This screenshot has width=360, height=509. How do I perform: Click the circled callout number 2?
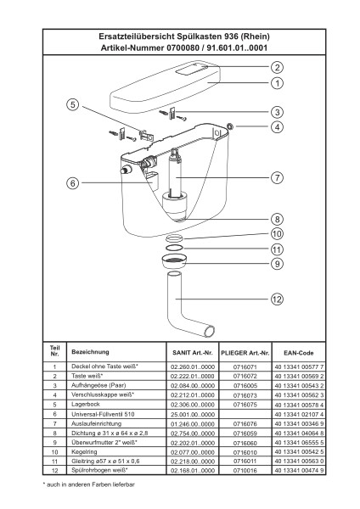tap(277, 68)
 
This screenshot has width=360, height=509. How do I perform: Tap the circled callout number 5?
tap(73, 104)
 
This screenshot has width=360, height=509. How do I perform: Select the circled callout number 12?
tap(277, 299)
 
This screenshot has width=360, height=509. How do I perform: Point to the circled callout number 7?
tap(277, 177)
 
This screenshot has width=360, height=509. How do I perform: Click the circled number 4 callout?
tap(277, 126)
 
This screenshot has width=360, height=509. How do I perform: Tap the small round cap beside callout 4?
tap(230, 126)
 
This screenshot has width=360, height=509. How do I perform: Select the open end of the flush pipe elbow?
tap(209, 332)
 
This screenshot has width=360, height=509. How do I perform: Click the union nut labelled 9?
tap(174, 261)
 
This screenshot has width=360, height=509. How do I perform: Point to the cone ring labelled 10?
tap(174, 238)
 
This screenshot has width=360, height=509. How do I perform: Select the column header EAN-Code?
tap(298, 353)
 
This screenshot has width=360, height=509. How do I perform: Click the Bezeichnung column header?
tap(90, 352)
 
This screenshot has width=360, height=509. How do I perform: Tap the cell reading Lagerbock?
tap(86, 405)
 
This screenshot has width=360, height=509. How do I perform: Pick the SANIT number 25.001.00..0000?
tap(193, 415)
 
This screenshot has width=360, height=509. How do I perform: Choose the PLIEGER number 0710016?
tap(245, 470)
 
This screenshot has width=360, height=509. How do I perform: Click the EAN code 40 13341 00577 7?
tap(299, 367)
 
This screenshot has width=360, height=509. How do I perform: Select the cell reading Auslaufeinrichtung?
tap(97, 423)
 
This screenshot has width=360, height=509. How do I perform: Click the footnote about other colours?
tap(88, 484)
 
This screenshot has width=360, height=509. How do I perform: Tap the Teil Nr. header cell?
tap(54, 351)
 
